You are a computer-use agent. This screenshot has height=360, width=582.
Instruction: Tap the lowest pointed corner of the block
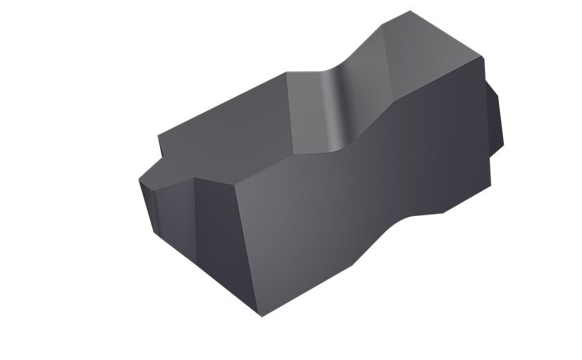(x=262, y=316)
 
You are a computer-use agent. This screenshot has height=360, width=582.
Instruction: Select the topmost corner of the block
(x=411, y=11)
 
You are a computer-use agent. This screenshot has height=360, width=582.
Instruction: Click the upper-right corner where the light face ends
(x=481, y=58)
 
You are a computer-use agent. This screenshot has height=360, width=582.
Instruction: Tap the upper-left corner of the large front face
(x=236, y=186)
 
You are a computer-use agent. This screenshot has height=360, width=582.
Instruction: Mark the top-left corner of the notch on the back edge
(x=286, y=72)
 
